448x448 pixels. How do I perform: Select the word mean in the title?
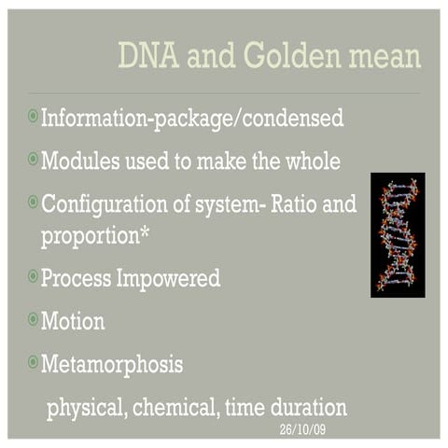[385, 56]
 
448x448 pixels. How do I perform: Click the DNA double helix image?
[397, 234]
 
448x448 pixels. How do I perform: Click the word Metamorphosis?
[111, 364]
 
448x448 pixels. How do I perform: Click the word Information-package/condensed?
[192, 119]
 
